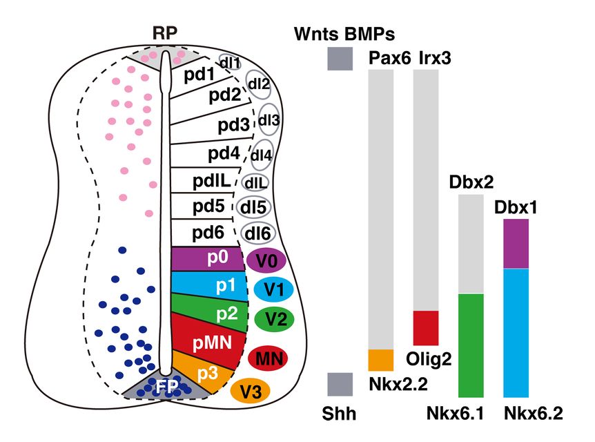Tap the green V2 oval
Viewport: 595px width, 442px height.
[x=274, y=318]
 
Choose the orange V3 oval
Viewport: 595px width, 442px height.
[x=251, y=392]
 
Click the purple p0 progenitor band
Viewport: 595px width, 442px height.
[x=207, y=258]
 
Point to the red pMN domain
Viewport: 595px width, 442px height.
[x=207, y=341]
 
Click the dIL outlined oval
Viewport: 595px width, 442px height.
[x=255, y=183]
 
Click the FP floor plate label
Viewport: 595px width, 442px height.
[x=164, y=387]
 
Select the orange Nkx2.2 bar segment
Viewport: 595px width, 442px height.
[x=381, y=360]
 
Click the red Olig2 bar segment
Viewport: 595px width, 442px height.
[x=426, y=327]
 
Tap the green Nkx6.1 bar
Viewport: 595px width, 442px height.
[x=471, y=345]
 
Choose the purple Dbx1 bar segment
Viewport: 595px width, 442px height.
[x=516, y=243]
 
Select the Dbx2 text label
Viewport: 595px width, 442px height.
[x=471, y=182]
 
